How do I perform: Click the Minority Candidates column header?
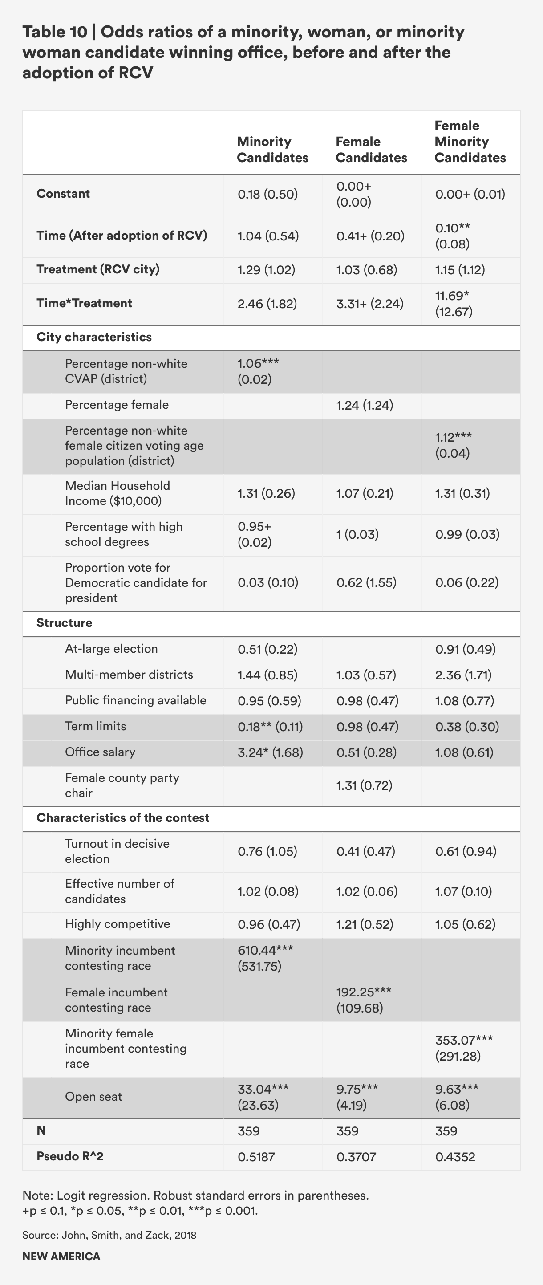click(272, 150)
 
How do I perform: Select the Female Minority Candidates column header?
click(470, 142)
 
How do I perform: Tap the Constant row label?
click(63, 194)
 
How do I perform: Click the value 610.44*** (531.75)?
click(265, 958)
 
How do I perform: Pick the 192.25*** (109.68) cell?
click(364, 1000)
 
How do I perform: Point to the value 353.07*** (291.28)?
click(464, 1048)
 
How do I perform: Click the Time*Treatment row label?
click(84, 303)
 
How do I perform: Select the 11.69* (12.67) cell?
click(453, 304)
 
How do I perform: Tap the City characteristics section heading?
click(94, 337)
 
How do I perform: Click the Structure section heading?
click(65, 623)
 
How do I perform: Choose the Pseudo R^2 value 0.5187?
click(256, 1157)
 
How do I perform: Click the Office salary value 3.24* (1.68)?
click(270, 752)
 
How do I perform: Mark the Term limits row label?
click(96, 726)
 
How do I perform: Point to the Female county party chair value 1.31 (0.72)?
click(364, 786)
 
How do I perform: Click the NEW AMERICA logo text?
click(61, 1257)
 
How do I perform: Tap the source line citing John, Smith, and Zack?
click(109, 1235)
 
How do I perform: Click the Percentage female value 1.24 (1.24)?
click(365, 405)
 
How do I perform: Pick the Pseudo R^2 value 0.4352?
click(455, 1157)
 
